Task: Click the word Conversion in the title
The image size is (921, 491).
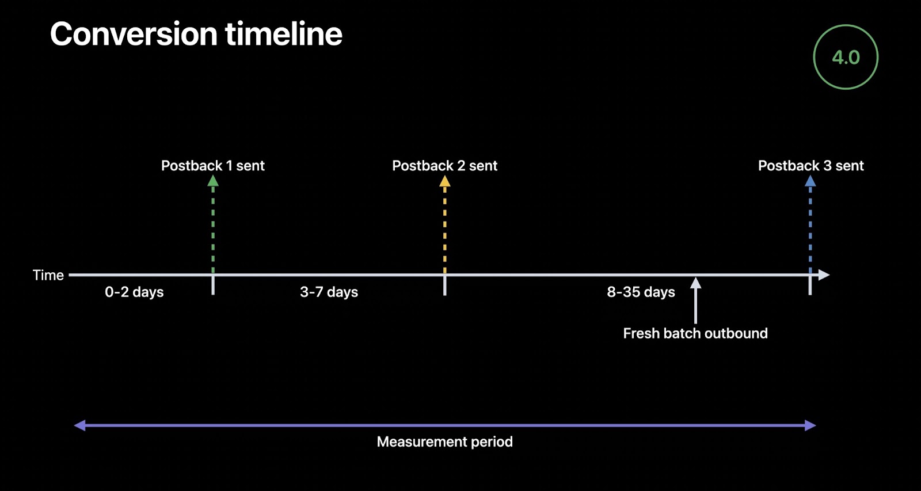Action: coord(134,34)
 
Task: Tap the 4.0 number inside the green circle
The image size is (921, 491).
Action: coord(846,57)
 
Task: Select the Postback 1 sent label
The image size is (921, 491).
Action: coord(212,165)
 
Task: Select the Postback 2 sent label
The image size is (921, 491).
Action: coord(444,165)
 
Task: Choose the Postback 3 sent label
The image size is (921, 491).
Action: coord(811,165)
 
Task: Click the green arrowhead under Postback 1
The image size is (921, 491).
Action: coord(213,181)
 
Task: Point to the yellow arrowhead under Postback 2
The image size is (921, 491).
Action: coord(445,181)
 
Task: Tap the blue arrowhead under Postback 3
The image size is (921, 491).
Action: coord(810,181)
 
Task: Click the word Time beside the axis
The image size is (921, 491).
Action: coord(48,275)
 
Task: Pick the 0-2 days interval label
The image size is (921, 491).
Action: coord(134,292)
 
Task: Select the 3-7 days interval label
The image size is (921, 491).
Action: coord(329,292)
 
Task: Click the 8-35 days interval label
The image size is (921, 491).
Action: coord(641,292)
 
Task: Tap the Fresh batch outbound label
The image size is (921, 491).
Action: coord(695,333)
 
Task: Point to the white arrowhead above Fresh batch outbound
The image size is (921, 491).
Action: coord(695,283)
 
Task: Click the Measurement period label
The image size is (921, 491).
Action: coord(444,441)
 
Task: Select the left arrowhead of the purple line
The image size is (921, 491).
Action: coord(79,425)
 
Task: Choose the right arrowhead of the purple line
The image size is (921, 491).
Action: coord(810,425)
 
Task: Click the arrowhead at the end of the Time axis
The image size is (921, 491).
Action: coord(824,275)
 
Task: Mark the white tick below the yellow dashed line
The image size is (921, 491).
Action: coord(445,286)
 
